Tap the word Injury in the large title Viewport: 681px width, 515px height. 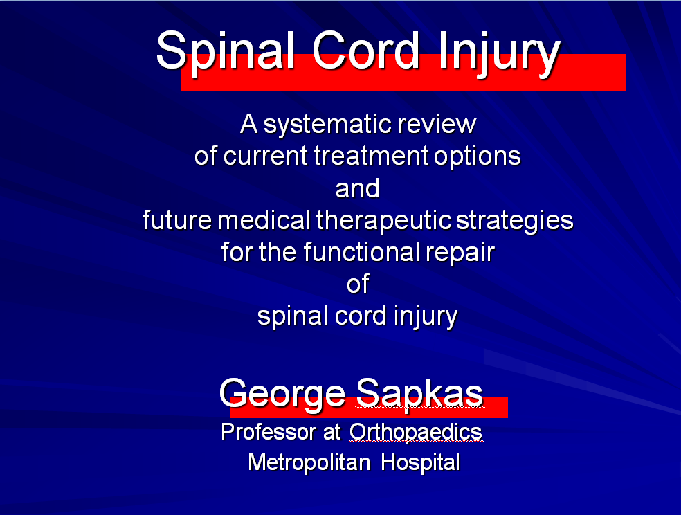point(500,54)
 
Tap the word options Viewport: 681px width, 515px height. point(478,157)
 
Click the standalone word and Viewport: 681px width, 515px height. point(357,188)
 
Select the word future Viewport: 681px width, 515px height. point(176,220)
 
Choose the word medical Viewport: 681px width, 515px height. point(264,220)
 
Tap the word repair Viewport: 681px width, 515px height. point(460,253)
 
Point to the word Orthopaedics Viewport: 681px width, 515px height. point(416,433)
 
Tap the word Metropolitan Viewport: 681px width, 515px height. point(309,462)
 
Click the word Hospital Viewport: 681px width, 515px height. point(420,463)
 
